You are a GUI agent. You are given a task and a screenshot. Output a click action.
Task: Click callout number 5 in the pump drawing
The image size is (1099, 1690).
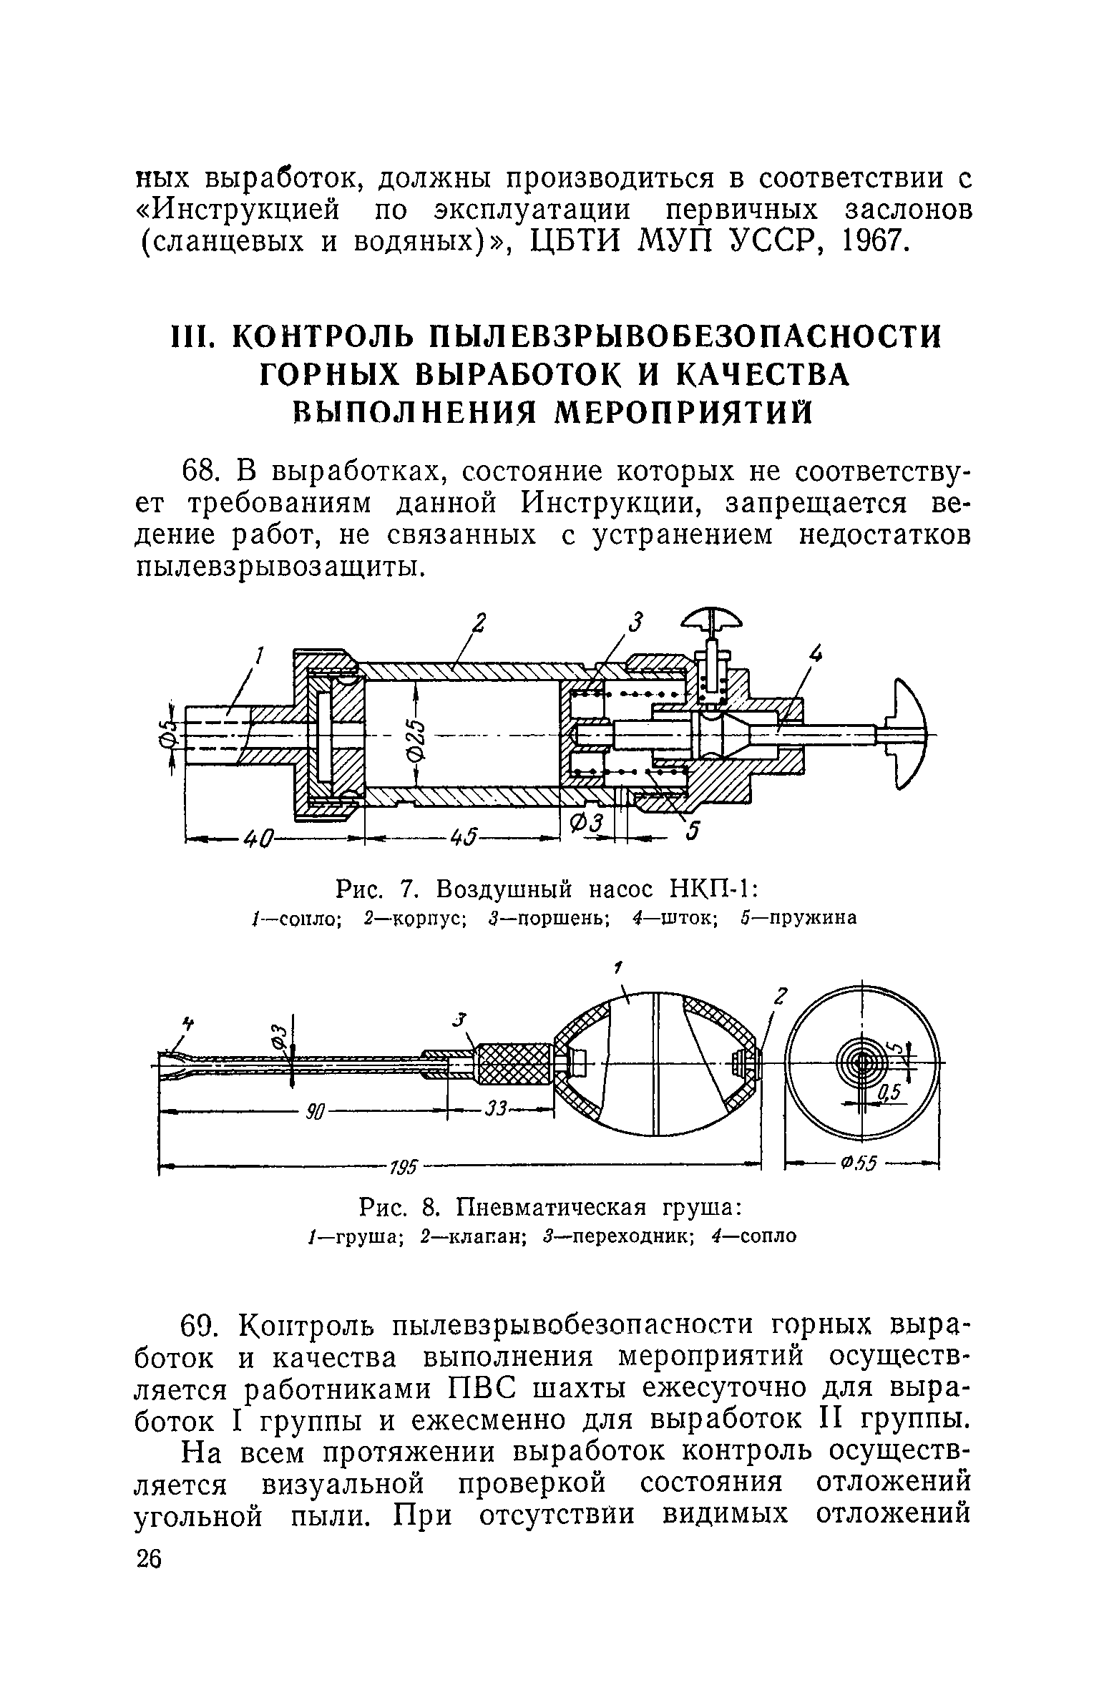pos(692,831)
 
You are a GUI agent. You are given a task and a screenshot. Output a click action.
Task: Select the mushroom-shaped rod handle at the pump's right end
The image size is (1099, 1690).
pos(907,734)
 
